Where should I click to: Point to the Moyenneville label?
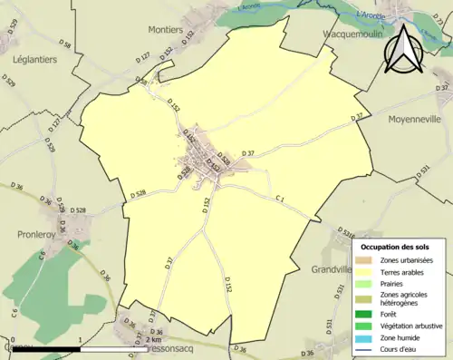click(x=413, y=119)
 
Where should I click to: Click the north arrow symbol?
click(x=404, y=49)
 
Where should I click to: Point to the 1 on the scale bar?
click(x=82, y=338)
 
